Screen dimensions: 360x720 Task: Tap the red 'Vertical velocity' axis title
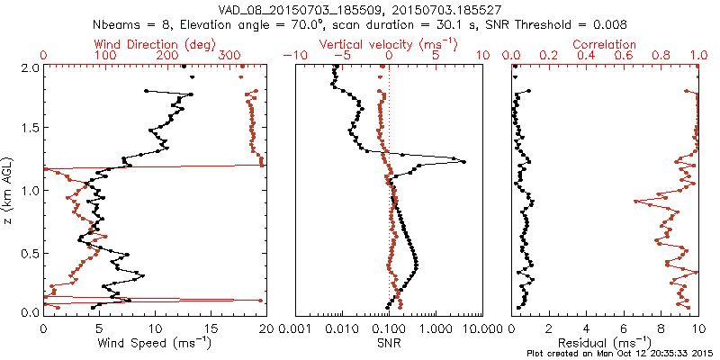tap(388, 44)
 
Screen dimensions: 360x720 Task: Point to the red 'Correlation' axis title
tap(605, 44)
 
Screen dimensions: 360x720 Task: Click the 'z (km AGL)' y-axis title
tap(9, 190)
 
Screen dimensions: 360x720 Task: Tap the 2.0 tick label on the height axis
tap(29, 67)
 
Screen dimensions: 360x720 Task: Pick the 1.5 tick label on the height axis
tap(29, 129)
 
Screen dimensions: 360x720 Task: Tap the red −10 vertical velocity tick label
tap(294, 56)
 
